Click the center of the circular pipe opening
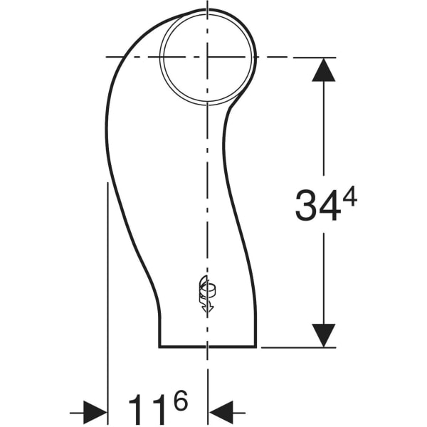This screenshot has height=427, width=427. point(207,56)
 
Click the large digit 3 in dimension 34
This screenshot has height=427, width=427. point(307,205)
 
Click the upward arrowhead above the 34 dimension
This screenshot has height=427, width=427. point(324,70)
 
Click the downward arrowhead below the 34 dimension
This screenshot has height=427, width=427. point(324,334)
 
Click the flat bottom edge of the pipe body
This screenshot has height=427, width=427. point(207,347)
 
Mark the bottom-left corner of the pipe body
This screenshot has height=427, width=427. point(159,347)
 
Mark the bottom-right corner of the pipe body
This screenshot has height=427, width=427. point(255,347)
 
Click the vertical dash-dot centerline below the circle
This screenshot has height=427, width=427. point(207,178)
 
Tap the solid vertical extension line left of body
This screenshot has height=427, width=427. point(107,285)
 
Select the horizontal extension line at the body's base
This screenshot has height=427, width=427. point(299,347)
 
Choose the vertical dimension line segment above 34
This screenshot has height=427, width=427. point(324,128)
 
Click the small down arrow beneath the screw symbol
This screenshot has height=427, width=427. point(207,308)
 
